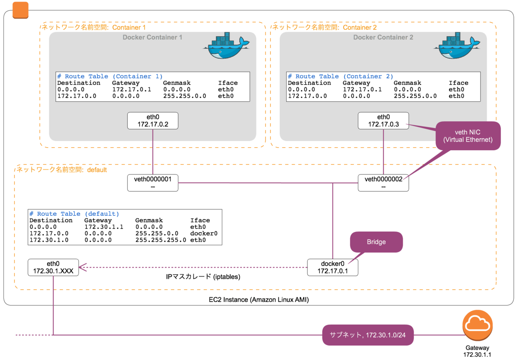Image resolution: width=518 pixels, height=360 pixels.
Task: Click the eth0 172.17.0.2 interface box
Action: [x=153, y=120]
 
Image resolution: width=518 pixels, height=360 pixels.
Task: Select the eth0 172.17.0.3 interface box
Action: [x=383, y=120]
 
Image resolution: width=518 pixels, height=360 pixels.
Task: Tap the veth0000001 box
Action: [x=153, y=183]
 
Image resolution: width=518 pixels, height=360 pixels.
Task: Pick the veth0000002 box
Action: [x=383, y=183]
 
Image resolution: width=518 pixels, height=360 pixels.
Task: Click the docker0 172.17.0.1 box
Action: [x=333, y=267]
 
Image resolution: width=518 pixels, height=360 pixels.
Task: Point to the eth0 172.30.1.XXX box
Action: [x=53, y=267]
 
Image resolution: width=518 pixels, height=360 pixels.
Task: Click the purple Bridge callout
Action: [x=376, y=242]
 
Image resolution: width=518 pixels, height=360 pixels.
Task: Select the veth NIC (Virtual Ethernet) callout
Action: [x=468, y=136]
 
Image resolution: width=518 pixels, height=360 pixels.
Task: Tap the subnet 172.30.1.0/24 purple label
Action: [x=368, y=335]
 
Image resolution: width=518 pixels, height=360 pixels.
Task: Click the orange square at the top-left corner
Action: [x=21, y=10]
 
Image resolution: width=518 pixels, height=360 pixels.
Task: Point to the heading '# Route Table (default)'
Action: [x=74, y=214]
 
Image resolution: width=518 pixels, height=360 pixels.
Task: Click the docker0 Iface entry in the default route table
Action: [x=203, y=233]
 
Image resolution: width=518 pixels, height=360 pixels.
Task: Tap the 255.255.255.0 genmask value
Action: [x=161, y=240]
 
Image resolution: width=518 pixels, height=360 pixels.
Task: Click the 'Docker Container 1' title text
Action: [x=152, y=38]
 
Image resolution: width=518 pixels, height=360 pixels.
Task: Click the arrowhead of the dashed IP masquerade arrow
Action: [x=80, y=268]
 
